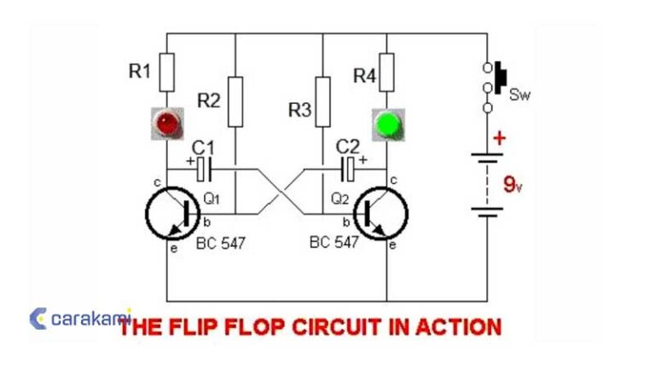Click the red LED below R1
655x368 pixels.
pyautogui.click(x=165, y=124)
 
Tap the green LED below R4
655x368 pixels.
pyautogui.click(x=387, y=125)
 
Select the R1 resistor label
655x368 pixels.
pyautogui.click(x=139, y=72)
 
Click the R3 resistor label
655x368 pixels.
pyautogui.click(x=300, y=109)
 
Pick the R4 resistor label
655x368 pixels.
pyautogui.click(x=364, y=76)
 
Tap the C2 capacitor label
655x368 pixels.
pyautogui.click(x=349, y=147)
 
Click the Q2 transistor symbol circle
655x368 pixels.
pyautogui.click(x=381, y=214)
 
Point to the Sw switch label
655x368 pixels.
pyautogui.click(x=519, y=95)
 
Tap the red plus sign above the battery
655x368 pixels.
pyautogui.click(x=499, y=138)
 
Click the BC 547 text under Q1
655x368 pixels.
pyautogui.click(x=220, y=243)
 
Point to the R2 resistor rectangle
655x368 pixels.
pyautogui.click(x=235, y=100)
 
